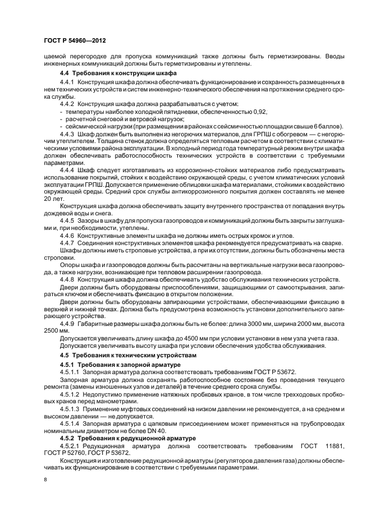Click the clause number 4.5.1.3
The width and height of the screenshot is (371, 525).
[69, 409]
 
